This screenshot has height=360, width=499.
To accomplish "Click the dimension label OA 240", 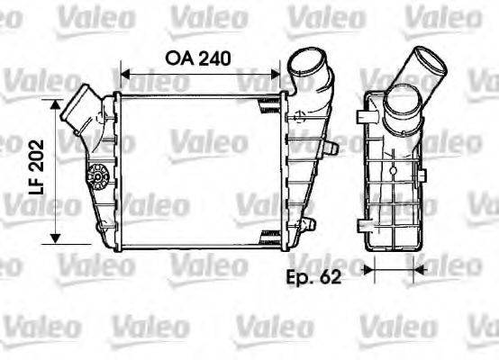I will coord(197,58).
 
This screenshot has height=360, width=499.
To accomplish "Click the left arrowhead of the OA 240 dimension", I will coord(126,73).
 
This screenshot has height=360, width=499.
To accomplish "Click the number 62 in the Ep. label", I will coord(330,276).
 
